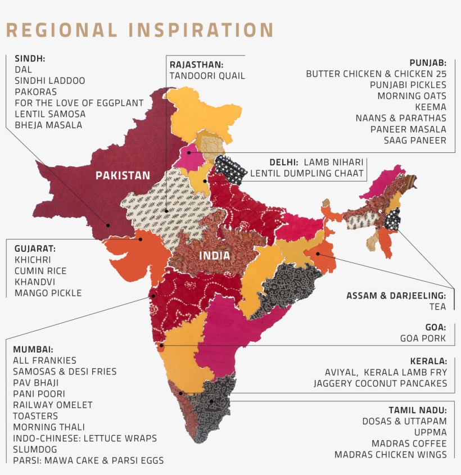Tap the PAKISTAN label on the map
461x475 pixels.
click(123, 175)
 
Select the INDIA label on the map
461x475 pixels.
click(214, 256)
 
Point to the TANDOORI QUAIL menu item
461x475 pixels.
click(207, 75)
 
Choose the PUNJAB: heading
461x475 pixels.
click(428, 62)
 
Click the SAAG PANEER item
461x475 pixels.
click(415, 141)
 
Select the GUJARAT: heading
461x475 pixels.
click(35, 248)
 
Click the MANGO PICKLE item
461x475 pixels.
click(48, 293)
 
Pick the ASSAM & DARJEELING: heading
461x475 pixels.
click(396, 296)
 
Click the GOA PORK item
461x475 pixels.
click(423, 338)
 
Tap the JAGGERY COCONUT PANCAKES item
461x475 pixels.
click(381, 383)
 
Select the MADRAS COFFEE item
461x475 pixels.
click(409, 443)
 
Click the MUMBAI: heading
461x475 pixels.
click(33, 349)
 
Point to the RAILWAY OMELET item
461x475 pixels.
click(53, 405)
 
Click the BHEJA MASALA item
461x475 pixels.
click(48, 125)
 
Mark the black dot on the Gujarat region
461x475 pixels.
click(141, 238)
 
